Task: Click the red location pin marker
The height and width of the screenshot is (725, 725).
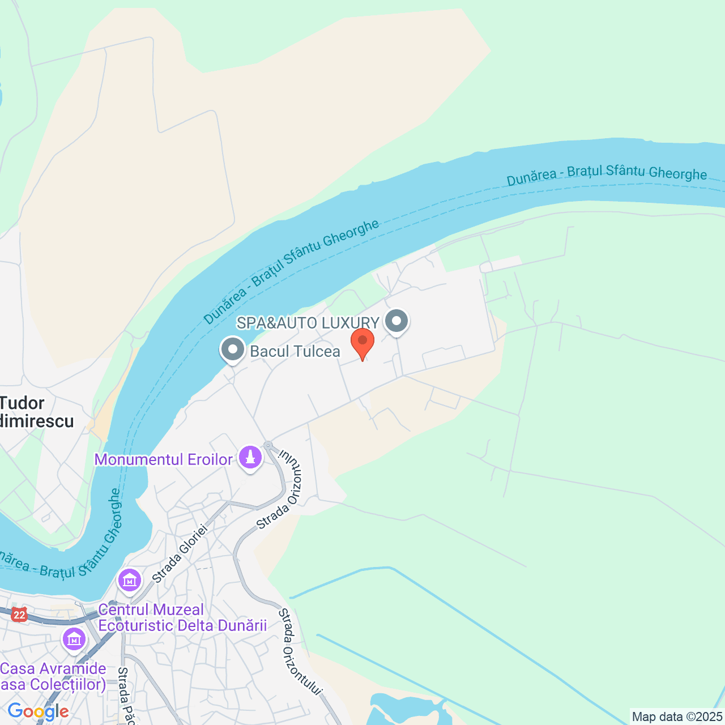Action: (362, 342)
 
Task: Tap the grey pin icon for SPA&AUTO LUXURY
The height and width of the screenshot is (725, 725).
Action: (396, 322)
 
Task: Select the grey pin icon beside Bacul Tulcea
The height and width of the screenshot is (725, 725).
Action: (232, 350)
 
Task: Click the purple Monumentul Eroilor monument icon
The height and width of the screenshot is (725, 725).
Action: (250, 458)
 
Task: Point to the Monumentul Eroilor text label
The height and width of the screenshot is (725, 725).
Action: (163, 459)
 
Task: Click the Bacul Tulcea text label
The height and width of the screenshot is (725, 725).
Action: (295, 352)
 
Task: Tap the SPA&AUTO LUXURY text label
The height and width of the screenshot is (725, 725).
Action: (308, 323)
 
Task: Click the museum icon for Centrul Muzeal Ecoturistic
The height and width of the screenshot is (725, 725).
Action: (130, 581)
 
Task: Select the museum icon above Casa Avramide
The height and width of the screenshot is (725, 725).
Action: (74, 639)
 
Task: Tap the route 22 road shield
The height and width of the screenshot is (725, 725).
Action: (20, 615)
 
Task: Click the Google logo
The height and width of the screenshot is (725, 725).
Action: (38, 711)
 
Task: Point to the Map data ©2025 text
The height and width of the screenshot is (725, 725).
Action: (677, 717)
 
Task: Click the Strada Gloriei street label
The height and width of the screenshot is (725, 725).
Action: (180, 554)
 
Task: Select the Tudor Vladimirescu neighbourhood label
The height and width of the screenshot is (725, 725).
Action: (34, 412)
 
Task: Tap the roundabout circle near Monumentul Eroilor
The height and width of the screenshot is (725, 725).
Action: (268, 446)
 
